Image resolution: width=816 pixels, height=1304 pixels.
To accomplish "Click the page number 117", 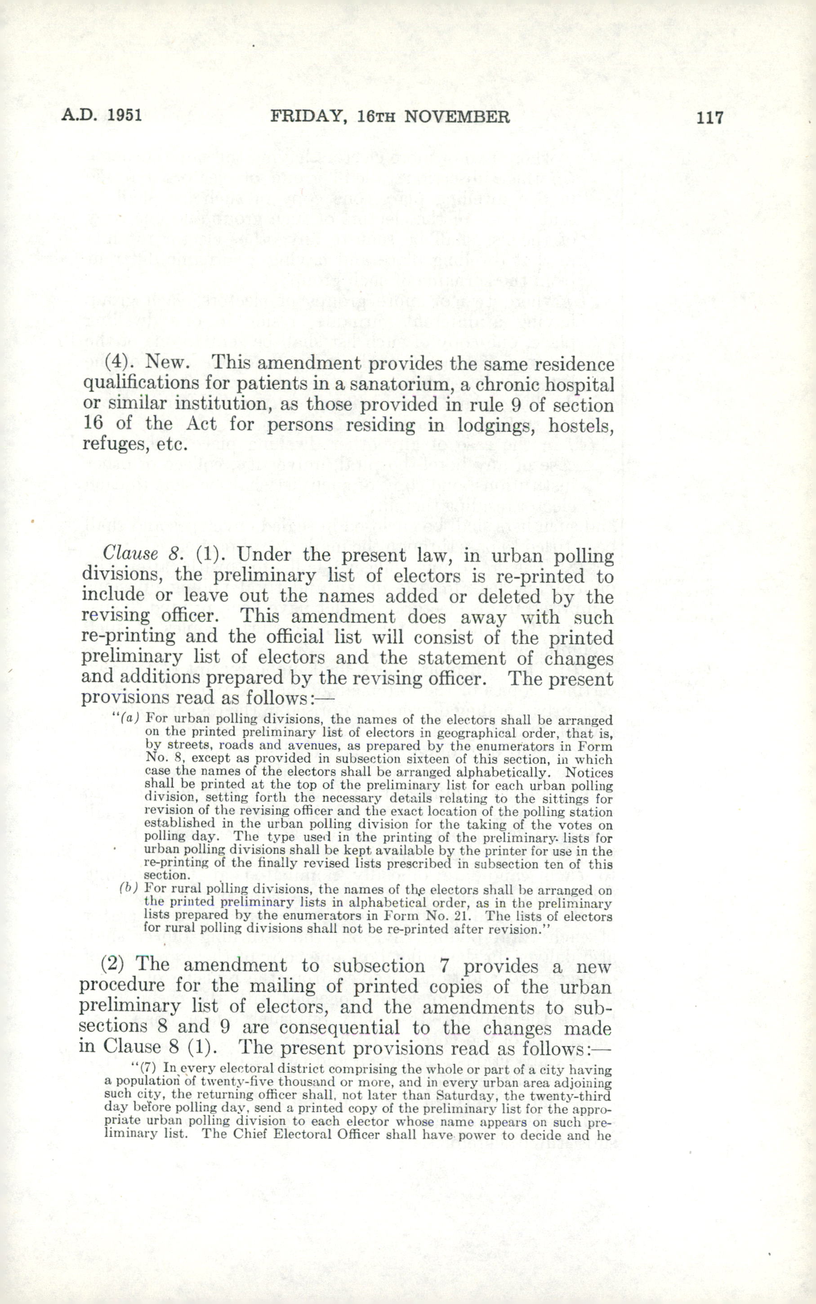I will [709, 117].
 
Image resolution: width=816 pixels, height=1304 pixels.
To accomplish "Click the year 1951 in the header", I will [124, 116].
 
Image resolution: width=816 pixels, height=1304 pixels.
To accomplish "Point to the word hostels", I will [581, 425].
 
